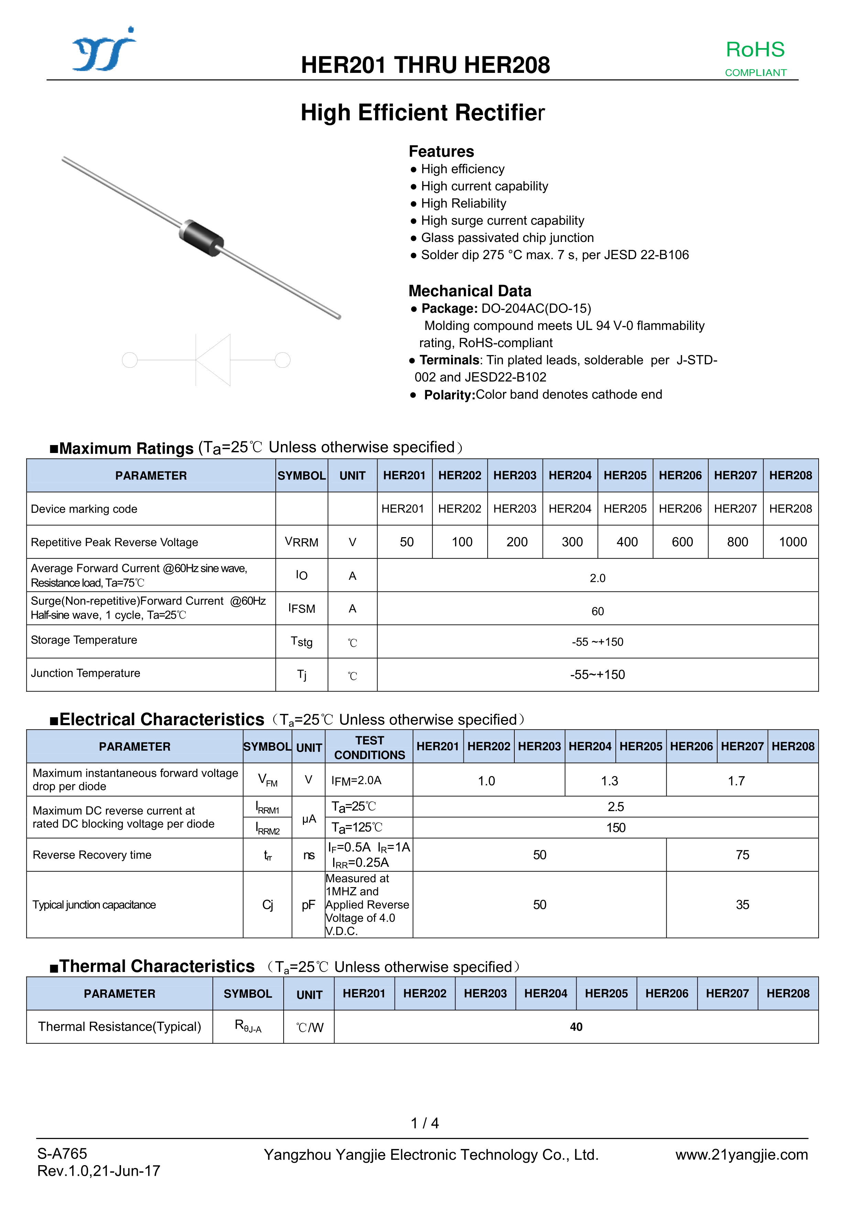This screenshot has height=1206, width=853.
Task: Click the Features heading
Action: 441,151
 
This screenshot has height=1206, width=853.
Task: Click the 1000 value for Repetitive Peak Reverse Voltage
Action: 792,542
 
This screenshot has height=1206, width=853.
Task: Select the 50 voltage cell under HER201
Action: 406,542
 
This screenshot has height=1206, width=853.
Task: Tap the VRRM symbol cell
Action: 301,542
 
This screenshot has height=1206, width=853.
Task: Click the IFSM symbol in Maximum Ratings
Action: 301,608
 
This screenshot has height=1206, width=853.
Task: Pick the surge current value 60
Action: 597,611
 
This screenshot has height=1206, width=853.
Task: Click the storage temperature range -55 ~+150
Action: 597,642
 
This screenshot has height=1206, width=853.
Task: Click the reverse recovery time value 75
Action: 742,855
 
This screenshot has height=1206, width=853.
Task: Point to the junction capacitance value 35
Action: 742,905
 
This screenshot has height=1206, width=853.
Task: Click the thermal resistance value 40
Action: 576,1027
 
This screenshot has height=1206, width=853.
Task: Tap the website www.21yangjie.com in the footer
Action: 741,1154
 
